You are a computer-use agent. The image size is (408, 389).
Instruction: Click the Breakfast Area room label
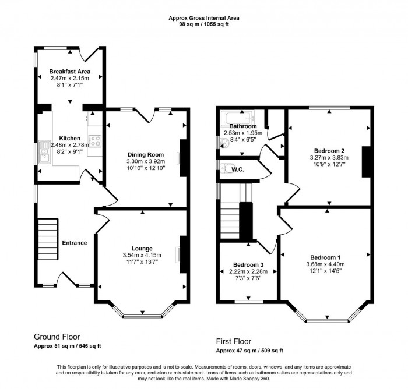pyautogui.click(x=69, y=71)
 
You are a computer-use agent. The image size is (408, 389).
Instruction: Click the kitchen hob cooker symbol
pyautogui.click(x=96, y=140)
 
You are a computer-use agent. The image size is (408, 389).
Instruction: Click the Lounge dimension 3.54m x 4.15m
pyautogui.click(x=142, y=255)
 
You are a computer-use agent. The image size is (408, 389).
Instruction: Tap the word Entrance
pyautogui.click(x=75, y=243)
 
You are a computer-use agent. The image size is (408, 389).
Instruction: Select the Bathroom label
pyautogui.click(x=242, y=126)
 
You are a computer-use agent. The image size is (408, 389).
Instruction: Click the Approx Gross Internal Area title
pyautogui.click(x=203, y=18)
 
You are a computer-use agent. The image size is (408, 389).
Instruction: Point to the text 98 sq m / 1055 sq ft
pyautogui.click(x=203, y=25)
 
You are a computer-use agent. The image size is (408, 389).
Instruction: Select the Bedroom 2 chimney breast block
pyautogui.click(x=366, y=161)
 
